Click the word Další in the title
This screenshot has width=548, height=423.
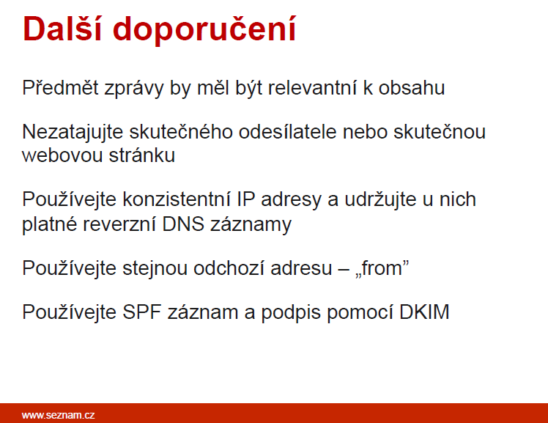62,29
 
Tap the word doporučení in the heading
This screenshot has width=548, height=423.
204,31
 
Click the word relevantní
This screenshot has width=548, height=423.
312,87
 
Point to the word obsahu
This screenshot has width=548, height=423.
412,87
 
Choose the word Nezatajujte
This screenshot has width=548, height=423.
73,133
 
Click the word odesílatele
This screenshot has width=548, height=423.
288,132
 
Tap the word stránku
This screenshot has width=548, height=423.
142,155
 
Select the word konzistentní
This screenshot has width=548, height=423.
177,199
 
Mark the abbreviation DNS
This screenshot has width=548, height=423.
183,224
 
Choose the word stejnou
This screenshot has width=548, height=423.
155,269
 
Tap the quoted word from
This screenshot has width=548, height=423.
382,268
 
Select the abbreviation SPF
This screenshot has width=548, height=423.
142,312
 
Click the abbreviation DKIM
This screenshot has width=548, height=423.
424,312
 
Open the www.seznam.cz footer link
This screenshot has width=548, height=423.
58,415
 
